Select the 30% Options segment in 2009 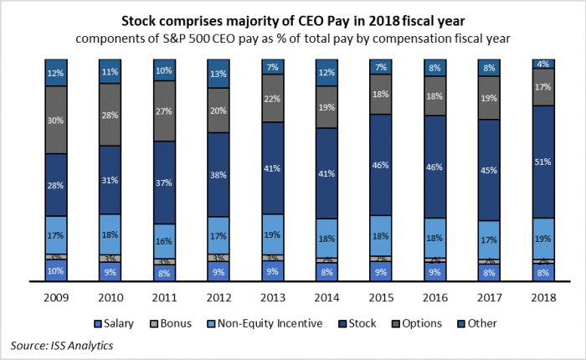click(x=55, y=120)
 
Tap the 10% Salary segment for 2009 click(x=55, y=270)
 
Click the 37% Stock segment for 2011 click(x=163, y=183)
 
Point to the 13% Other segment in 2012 click(x=218, y=74)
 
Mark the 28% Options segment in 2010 click(x=110, y=115)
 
